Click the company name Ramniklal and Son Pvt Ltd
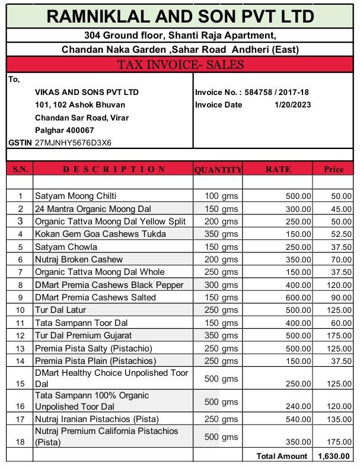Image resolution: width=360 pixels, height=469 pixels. point(180,17)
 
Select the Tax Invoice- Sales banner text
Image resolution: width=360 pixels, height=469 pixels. point(180,65)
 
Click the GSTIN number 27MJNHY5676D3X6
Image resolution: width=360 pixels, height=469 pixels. point(74,143)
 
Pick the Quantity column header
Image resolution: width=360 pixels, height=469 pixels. point(218,169)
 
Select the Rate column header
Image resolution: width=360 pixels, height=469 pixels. point(278,169)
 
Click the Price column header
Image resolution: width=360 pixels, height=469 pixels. point(334,169)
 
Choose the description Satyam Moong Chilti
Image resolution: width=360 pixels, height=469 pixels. point(75,196)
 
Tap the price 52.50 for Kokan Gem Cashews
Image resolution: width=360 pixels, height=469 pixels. point(341,234)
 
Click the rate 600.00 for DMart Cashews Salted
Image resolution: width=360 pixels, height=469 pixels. point(298,297)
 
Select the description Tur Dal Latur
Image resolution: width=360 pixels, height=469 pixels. point(60,310)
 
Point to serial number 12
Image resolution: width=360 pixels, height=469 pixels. point(20,336)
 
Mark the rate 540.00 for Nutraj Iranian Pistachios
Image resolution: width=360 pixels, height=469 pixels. point(298,419)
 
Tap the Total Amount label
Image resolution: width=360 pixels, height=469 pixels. point(282,456)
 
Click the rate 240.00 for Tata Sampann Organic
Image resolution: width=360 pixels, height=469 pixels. point(298,407)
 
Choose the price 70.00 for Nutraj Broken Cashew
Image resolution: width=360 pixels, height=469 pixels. point(341,259)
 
